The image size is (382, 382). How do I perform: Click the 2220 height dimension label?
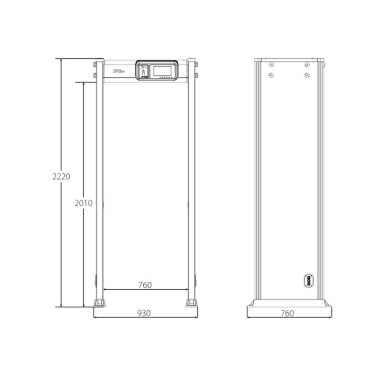pyautogui.click(x=62, y=176)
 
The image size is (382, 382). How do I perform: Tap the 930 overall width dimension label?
pyautogui.click(x=144, y=313)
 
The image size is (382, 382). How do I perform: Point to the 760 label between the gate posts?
pyautogui.click(x=145, y=285)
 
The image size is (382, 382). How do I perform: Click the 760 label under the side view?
pyautogui.click(x=287, y=313)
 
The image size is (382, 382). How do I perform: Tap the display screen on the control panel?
pyautogui.click(x=163, y=70)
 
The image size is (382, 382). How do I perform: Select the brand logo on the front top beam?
pyautogui.click(x=119, y=71)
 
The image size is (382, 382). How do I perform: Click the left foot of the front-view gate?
pyautogui.click(x=99, y=303)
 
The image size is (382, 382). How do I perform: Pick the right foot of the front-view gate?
pyautogui.click(x=191, y=303)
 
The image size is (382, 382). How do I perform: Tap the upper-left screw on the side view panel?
pyautogui.click(x=271, y=64)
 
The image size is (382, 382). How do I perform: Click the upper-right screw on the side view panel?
pyautogui.click(x=307, y=64)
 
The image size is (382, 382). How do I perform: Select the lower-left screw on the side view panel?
pyautogui.click(x=271, y=74)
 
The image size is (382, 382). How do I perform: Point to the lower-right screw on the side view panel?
pyautogui.click(x=307, y=74)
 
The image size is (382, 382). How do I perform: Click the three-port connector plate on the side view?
pyautogui.click(x=309, y=280)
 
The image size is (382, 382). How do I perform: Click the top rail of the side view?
pyautogui.click(x=289, y=60)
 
